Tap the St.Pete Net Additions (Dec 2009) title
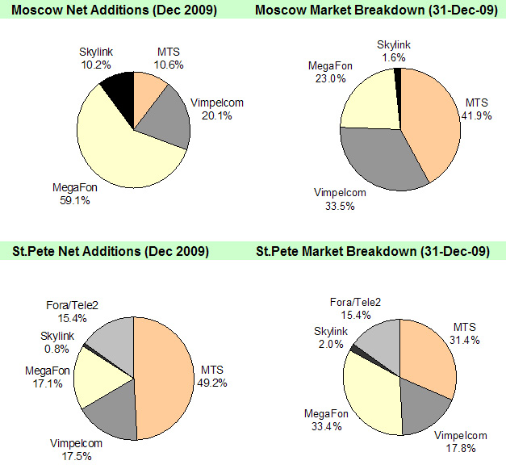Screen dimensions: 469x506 tap(110, 251)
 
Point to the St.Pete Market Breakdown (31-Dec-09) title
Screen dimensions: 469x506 tap(372, 251)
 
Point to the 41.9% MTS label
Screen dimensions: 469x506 tap(478, 110)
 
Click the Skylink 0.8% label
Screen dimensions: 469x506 tap(59, 341)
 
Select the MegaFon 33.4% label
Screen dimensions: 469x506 tap(326, 420)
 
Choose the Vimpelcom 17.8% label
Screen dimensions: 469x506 tap(460, 442)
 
